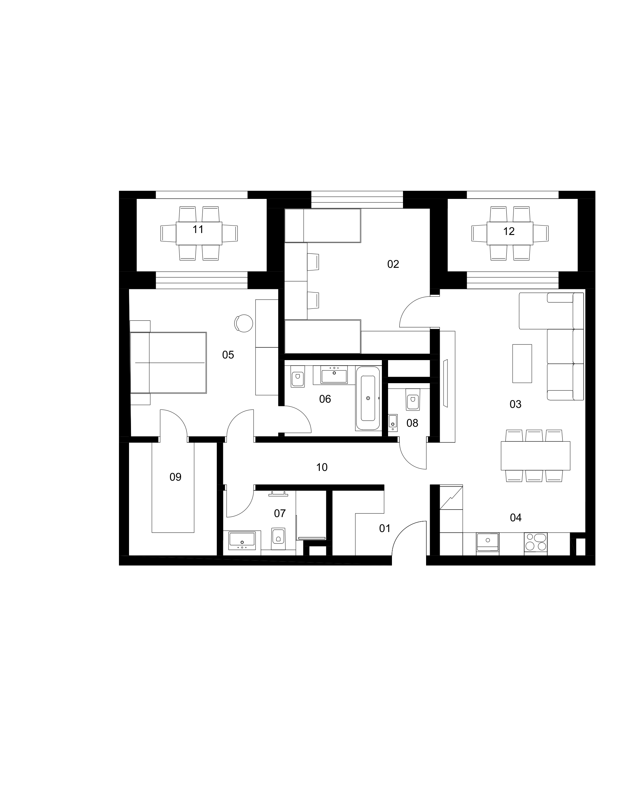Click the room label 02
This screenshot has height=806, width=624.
click(393, 264)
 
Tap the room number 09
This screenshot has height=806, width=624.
click(175, 477)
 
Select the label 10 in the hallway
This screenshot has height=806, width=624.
click(322, 468)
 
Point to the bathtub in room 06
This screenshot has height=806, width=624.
click(368, 398)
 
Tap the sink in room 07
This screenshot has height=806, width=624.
click(242, 541)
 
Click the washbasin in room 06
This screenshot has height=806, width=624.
click(334, 375)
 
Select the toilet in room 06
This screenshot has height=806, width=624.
click(297, 377)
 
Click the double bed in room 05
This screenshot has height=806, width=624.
click(168, 363)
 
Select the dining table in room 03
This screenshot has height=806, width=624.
click(535, 456)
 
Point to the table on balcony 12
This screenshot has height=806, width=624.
click(510, 233)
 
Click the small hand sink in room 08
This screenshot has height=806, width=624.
click(393, 422)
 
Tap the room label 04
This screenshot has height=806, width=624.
click(515, 518)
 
